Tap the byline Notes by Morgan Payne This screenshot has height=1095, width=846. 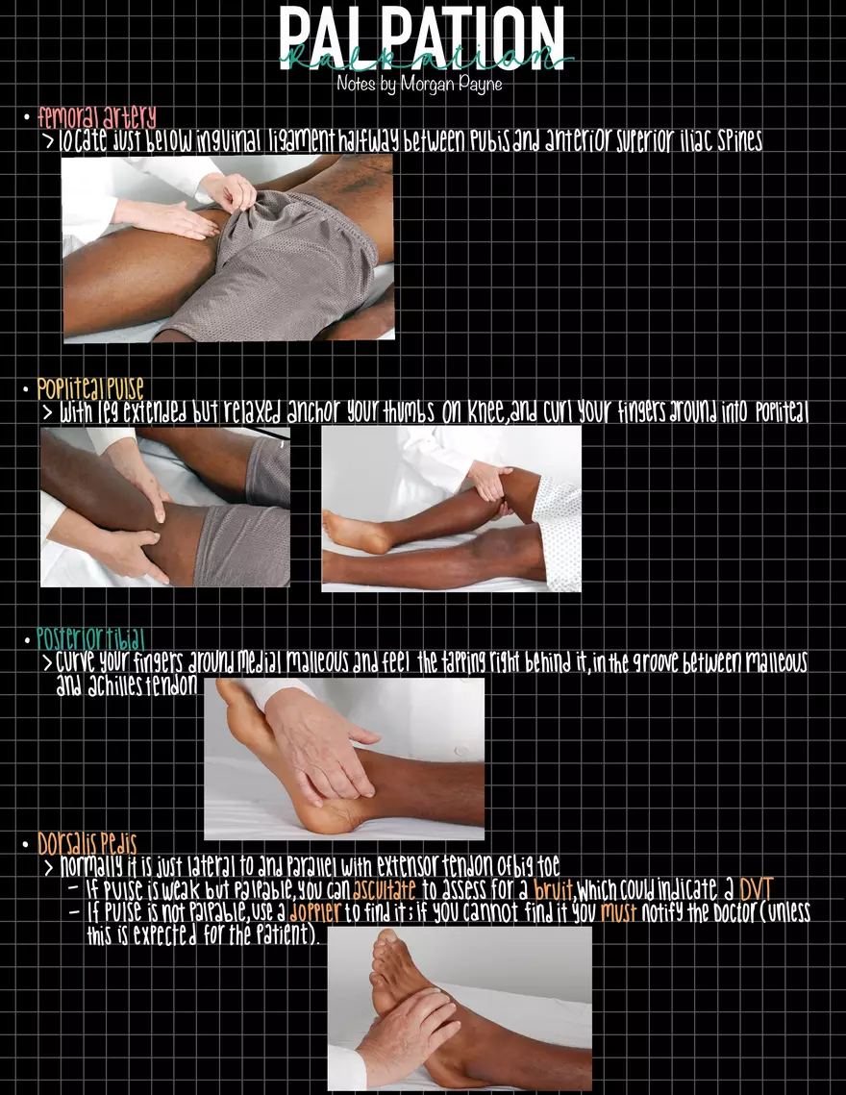419,84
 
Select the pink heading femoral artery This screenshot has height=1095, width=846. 97,116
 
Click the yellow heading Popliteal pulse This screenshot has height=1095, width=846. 90,387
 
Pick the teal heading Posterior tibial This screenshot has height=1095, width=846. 90,638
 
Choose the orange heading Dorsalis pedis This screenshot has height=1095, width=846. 87,843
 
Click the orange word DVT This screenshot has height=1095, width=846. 756,889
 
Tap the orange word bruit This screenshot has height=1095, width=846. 554,889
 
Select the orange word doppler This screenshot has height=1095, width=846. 315,912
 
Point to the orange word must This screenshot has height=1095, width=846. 618,912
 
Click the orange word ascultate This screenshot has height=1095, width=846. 385,889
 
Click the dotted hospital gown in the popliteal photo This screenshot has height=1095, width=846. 559,531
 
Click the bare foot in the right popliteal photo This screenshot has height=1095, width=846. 357,533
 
